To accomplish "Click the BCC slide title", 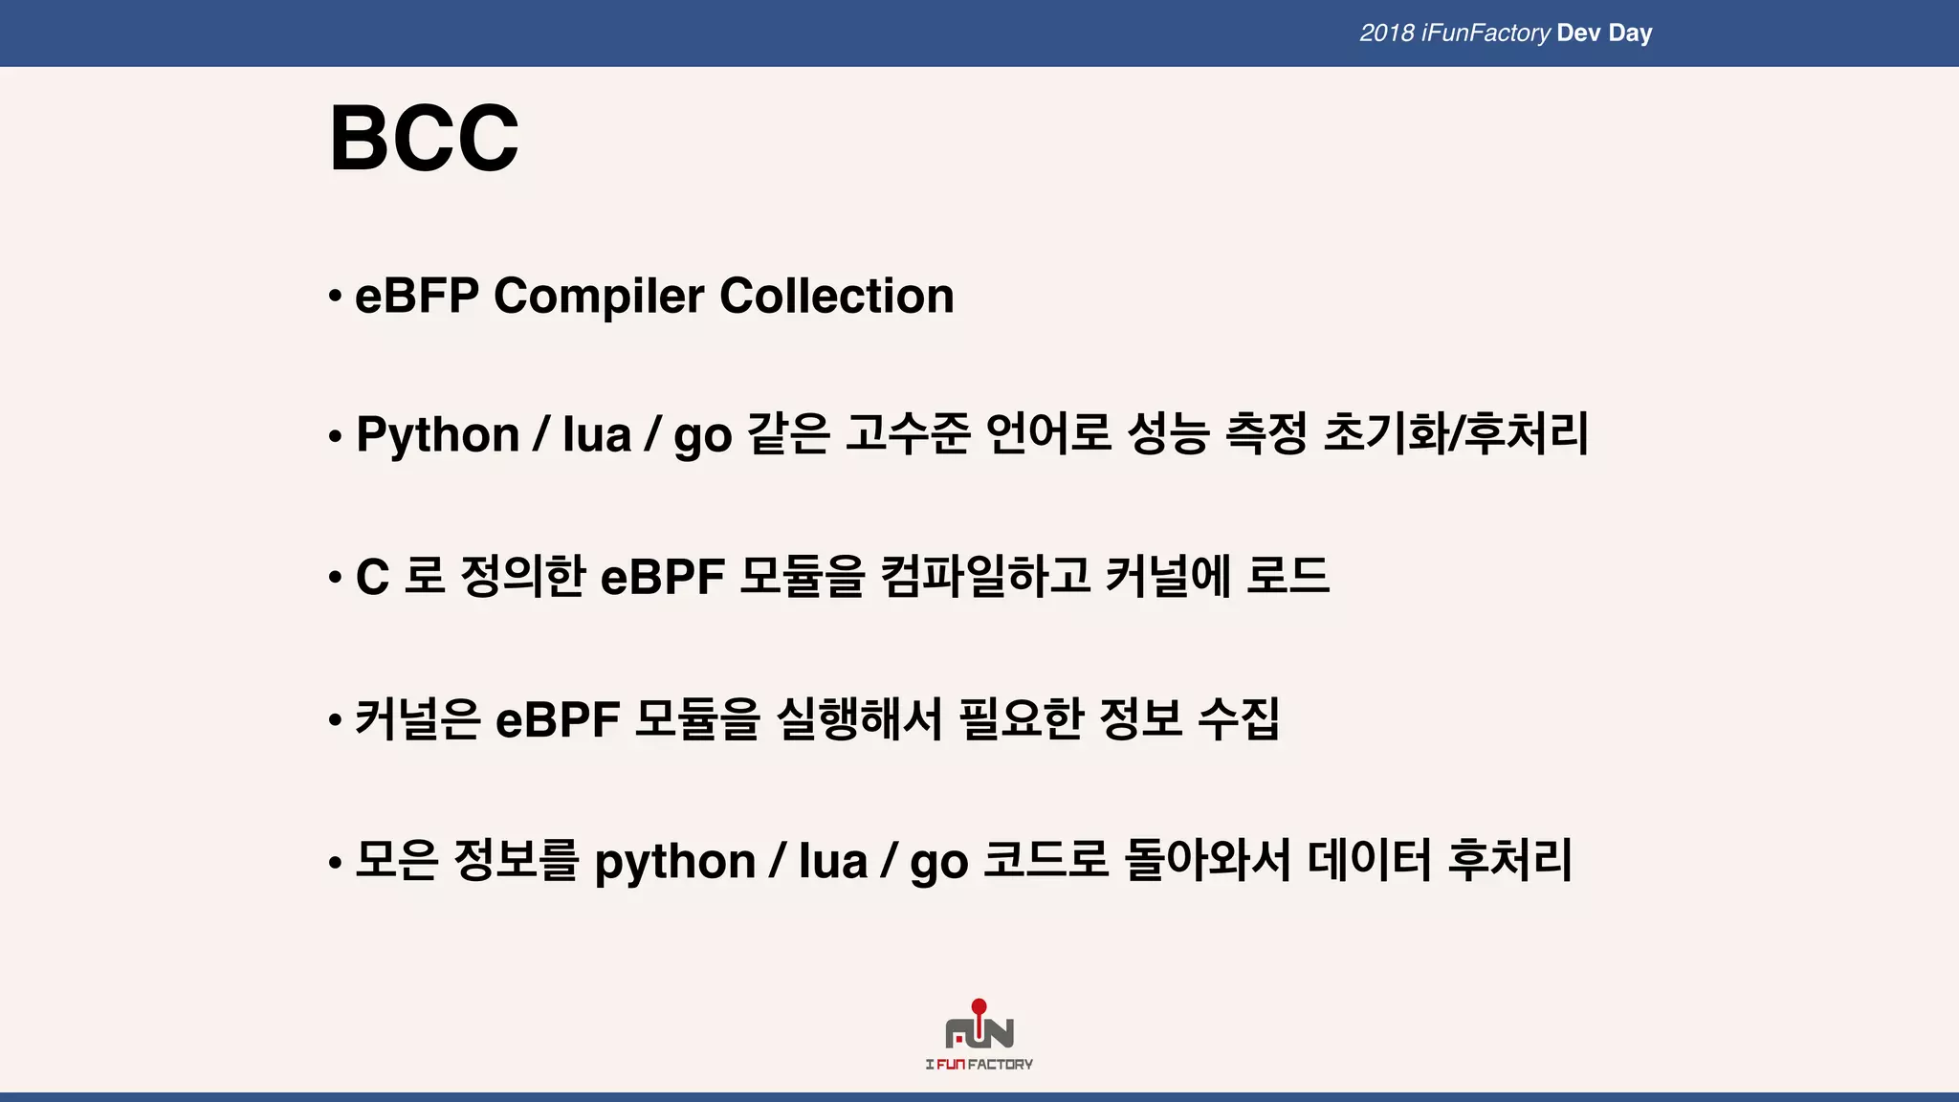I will tap(424, 139).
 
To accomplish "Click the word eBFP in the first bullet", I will tap(416, 296).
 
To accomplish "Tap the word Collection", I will tap(836, 296).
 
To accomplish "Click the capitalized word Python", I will tap(437, 435).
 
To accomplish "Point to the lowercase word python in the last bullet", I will tap(675, 862).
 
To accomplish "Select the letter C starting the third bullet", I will tap(372, 578).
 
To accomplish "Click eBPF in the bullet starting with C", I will tap(662, 578).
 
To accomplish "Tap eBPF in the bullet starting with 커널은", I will tap(558, 719).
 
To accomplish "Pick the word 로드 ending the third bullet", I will tap(1288, 576).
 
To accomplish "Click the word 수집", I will tap(1239, 718).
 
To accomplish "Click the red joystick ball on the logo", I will tap(979, 1006).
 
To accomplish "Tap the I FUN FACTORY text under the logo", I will tap(979, 1064).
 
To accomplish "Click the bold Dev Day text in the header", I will tap(1604, 33).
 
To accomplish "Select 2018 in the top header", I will tap(1386, 33).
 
